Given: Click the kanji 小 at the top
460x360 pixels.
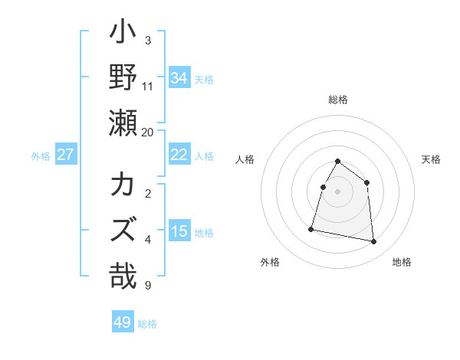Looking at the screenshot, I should (123, 34).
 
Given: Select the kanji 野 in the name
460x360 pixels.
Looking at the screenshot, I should (123, 78).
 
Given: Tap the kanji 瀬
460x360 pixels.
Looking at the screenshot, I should (123, 123).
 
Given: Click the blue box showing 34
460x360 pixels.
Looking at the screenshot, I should (179, 77).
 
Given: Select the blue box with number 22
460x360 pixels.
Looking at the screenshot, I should (179, 155).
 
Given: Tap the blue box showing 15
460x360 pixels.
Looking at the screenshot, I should (179, 231).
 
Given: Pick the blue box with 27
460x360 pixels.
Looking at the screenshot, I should (66, 155).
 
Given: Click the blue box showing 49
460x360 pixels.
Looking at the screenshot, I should (123, 322).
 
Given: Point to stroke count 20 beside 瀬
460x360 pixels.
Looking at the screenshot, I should (148, 132).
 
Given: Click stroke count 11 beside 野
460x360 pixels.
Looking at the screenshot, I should (148, 86).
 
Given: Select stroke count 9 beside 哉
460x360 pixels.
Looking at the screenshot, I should (148, 286).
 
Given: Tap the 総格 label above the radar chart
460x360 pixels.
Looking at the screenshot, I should (338, 100).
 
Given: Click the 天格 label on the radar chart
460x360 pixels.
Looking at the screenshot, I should (432, 159).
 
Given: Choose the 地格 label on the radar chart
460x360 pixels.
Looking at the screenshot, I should (402, 262).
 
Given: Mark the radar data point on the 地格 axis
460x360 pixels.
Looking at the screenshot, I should (374, 241).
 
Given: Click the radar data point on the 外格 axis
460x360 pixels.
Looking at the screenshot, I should (311, 228).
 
